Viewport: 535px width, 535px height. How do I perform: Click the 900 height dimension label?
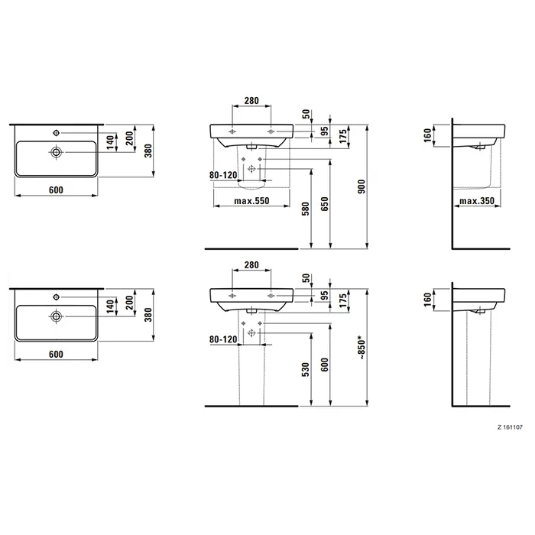tap(362, 186)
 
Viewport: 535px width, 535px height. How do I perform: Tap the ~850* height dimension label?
tap(362, 348)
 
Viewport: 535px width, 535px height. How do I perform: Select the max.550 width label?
tap(251, 201)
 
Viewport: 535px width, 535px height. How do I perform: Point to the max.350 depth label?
tap(477, 201)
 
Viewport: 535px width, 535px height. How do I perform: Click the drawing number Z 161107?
tap(510, 427)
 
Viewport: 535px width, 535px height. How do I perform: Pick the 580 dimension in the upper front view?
tap(306, 209)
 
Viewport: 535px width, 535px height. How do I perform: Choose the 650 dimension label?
tap(325, 204)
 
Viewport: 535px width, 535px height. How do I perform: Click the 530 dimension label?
tap(306, 370)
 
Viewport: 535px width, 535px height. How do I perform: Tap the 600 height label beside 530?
tap(325, 365)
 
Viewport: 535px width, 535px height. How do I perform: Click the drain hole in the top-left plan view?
tap(56, 152)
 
